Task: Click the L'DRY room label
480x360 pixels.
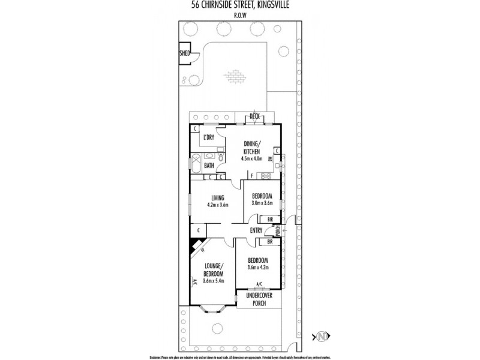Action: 209,137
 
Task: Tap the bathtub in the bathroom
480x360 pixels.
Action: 196,163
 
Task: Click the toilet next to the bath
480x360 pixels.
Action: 220,158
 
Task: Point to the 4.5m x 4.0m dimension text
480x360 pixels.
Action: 251,160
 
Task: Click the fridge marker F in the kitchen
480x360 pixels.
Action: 251,176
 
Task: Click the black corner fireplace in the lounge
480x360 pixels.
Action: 195,245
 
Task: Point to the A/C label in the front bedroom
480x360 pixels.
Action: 259,283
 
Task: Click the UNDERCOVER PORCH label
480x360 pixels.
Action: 260,299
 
